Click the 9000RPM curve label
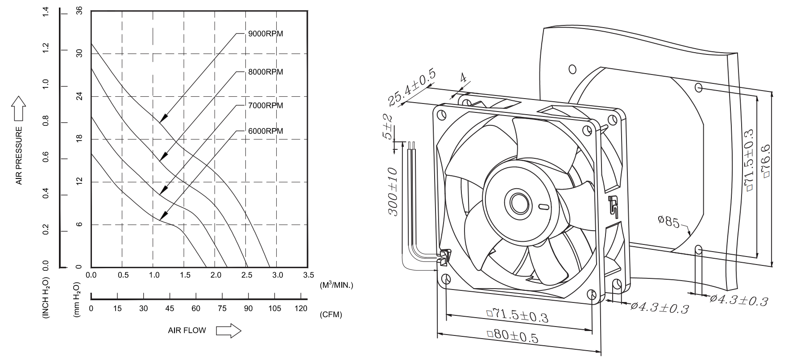[x=265, y=33]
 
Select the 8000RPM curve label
[x=265, y=72]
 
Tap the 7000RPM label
[x=265, y=106]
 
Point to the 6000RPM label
[x=265, y=131]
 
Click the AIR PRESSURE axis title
[x=19, y=155]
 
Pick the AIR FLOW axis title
[x=187, y=331]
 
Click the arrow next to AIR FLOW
[x=228, y=331]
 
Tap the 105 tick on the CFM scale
[x=274, y=308]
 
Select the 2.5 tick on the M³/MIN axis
[x=246, y=275]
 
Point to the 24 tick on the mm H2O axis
[x=79, y=96]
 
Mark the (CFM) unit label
[x=331, y=314]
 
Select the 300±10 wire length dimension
[x=393, y=191]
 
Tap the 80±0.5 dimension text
[x=513, y=336]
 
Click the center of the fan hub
[x=519, y=203]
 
